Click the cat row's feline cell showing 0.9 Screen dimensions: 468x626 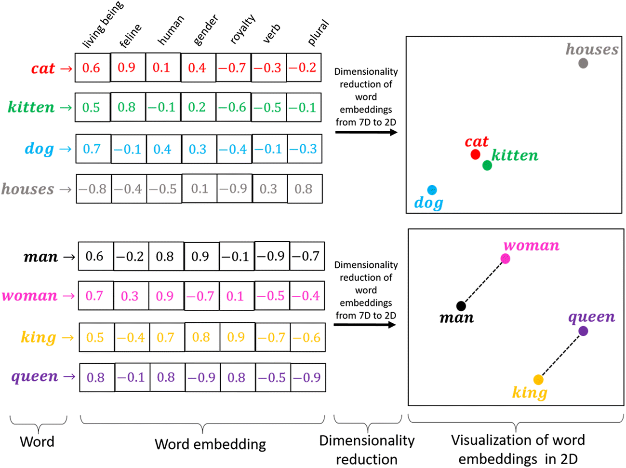pos(127,68)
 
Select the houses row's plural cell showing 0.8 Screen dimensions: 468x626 pos(304,189)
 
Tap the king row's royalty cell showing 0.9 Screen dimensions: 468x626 pos(236,337)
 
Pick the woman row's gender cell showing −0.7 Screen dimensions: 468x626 pos(200,296)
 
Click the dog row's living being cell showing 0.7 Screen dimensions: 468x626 pos(92,149)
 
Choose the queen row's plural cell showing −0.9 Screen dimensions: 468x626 pos(308,377)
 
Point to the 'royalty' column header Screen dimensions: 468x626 pos(242,29)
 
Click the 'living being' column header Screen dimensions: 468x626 pos(103,25)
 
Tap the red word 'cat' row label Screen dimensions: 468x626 pos(43,69)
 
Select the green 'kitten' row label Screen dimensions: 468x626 pos(31,107)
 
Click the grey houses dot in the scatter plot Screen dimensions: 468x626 pos(583,63)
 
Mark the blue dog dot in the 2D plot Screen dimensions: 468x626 pos(432,190)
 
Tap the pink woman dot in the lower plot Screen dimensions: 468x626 pos(505,259)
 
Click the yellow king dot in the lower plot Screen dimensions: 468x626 pos(538,380)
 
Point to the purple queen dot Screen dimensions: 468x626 pos(583,331)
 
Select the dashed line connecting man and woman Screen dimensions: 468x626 pos(483,283)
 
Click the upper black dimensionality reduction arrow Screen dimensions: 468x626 pos(366,132)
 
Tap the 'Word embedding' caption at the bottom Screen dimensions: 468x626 pos(210,444)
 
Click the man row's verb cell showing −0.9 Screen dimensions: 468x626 pos(272,256)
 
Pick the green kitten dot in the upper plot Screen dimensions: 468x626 pos(487,165)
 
